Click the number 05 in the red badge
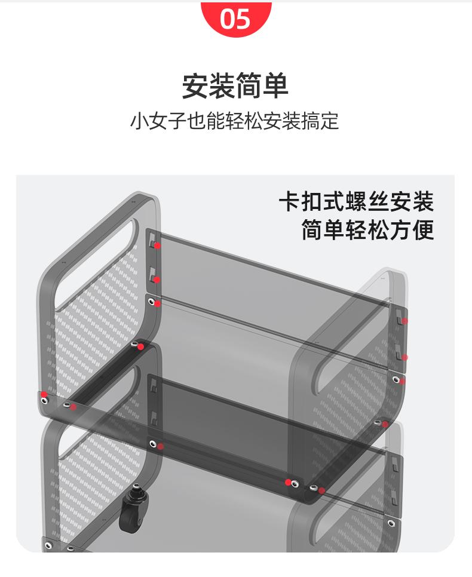tap(235, 19)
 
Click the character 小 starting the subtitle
tap(139, 121)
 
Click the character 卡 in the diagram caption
tap(290, 201)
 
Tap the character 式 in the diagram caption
tap(334, 201)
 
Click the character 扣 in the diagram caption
tap(312, 201)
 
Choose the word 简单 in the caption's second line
tap(323, 231)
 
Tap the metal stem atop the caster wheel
tap(137, 491)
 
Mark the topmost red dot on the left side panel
tap(157, 245)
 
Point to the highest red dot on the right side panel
tap(404, 321)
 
